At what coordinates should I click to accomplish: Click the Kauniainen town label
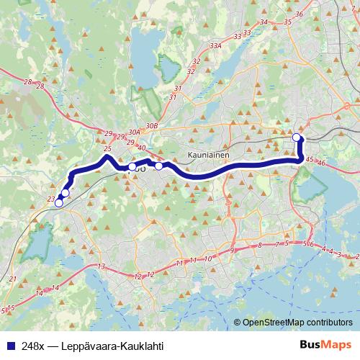pos(208,153)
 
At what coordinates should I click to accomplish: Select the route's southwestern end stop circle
pos(58,203)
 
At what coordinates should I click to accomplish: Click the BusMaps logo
pos(325,345)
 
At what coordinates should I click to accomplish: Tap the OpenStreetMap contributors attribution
pos(297,323)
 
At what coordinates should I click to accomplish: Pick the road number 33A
pos(215,45)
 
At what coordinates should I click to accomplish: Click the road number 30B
pos(151,126)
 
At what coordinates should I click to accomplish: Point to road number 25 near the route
pos(107,149)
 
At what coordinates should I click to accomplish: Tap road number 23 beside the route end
pos(50,199)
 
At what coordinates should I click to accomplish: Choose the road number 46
pos(321,164)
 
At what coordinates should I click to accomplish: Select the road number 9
pos(232,250)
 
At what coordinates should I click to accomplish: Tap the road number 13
pos(102,267)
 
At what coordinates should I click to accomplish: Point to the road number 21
pos(13,279)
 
